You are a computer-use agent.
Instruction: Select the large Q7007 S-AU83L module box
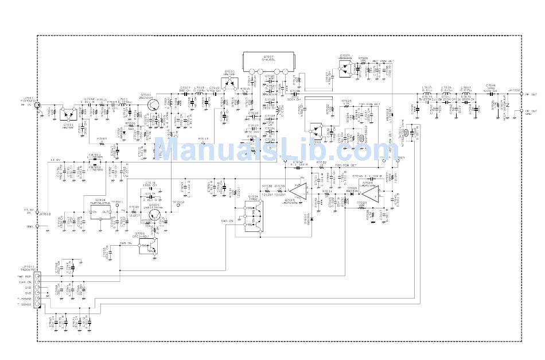click(x=268, y=61)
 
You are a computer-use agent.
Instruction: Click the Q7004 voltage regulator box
click(x=99, y=212)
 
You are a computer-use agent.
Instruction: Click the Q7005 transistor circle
click(x=153, y=215)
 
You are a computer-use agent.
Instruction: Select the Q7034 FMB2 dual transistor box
click(x=253, y=218)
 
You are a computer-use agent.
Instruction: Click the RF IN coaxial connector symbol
click(x=38, y=105)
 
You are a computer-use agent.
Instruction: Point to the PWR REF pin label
click(x=24, y=276)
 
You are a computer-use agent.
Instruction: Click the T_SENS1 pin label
click(x=24, y=304)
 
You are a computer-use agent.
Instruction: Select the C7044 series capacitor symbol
click(x=491, y=93)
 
